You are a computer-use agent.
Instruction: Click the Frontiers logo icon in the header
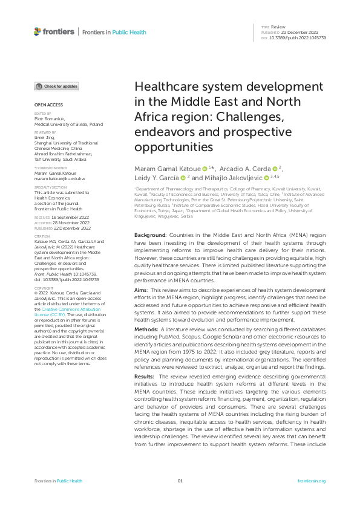click(38, 31)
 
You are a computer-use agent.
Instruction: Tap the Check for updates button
click(56, 86)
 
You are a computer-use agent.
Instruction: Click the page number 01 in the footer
click(180, 481)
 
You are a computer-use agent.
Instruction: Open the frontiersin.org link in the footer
click(312, 481)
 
